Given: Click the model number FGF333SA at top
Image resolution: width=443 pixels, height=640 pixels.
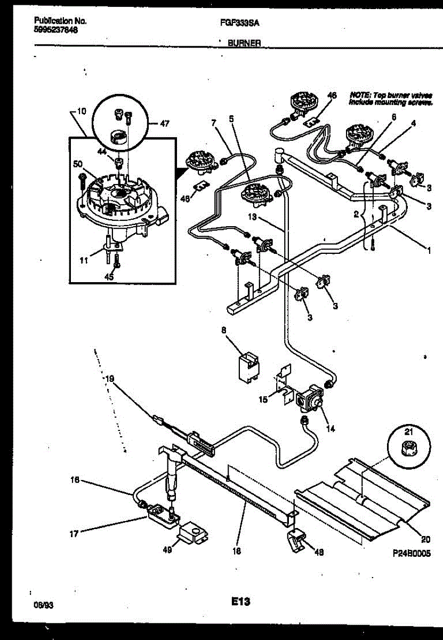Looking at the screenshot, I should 236,23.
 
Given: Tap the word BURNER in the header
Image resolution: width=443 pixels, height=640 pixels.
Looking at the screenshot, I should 244,44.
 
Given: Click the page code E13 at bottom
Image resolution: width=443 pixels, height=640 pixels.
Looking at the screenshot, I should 241,602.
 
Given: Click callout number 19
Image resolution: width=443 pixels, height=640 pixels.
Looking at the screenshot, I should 109,379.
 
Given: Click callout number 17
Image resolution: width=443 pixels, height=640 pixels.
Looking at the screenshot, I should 74,532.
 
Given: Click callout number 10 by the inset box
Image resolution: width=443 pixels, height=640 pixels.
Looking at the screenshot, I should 80,111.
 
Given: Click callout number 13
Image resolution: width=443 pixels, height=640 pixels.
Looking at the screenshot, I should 253,217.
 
